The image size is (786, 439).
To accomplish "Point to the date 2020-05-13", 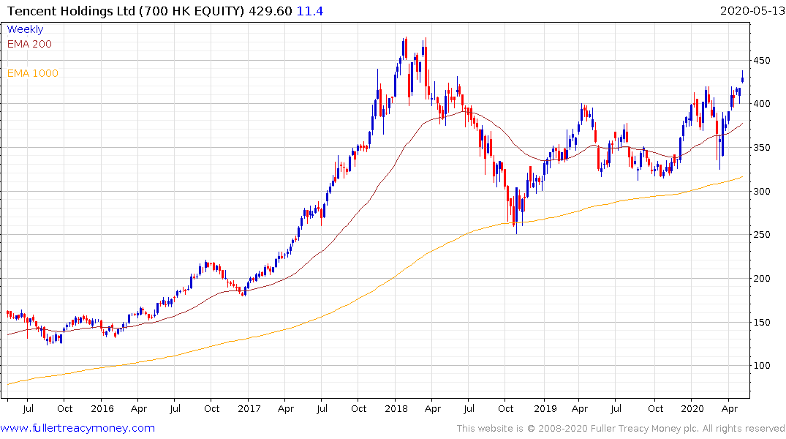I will (x=750, y=11).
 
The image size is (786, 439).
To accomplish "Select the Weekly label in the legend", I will (x=25, y=29).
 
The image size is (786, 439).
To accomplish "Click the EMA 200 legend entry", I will (x=29, y=44).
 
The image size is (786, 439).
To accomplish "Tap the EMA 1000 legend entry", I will (x=32, y=73).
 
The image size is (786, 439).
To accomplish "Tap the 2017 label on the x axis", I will (x=249, y=408).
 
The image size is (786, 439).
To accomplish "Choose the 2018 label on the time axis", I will (x=396, y=408).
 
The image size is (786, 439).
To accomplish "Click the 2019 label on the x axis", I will (x=545, y=408).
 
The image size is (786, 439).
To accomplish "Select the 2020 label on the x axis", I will (x=692, y=408).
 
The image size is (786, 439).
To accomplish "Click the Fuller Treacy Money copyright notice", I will (x=621, y=429).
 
